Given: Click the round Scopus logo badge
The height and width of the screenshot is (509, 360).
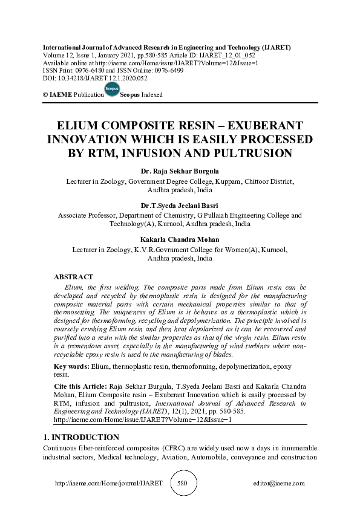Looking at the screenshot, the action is pyautogui.click(x=112, y=90).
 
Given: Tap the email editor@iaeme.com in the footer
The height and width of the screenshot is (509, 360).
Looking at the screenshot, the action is pyautogui.click(x=279, y=484).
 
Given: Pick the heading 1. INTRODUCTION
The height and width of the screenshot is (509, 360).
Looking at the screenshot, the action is pyautogui.click(x=81, y=437).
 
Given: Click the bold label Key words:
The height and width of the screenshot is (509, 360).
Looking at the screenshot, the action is pyautogui.click(x=71, y=367).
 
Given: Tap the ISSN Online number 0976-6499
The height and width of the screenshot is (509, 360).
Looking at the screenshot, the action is pyautogui.click(x=188, y=70).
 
